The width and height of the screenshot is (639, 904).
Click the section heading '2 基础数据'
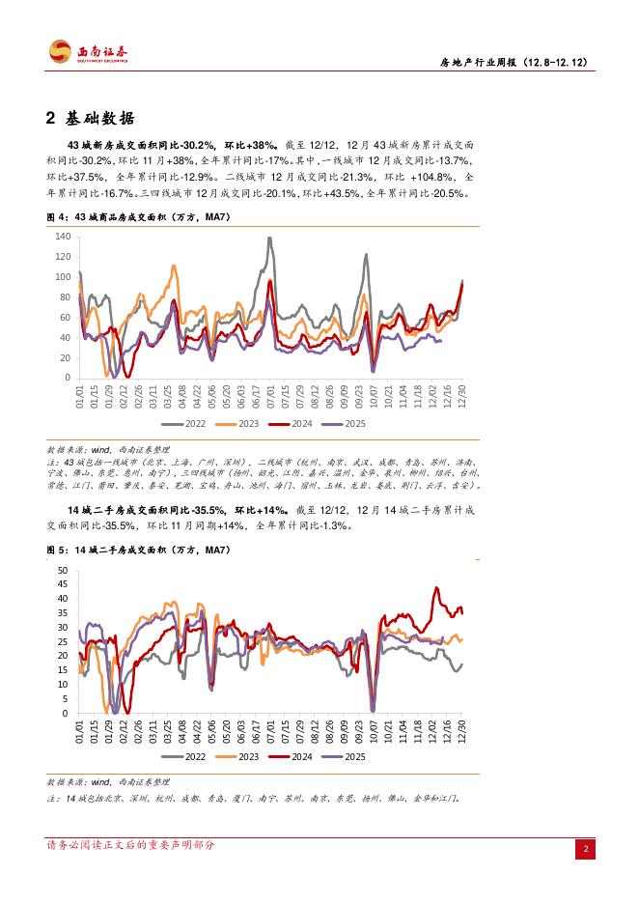click(x=94, y=119)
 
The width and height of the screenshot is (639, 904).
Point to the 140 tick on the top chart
click(x=63, y=237)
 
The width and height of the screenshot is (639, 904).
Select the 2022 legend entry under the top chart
click(x=182, y=423)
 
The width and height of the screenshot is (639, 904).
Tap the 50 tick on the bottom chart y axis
click(x=63, y=571)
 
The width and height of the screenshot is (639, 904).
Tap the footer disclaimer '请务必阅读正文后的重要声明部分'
click(x=130, y=845)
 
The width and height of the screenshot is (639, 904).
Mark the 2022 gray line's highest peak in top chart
click(x=266, y=238)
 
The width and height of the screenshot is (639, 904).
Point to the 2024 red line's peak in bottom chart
click(x=437, y=587)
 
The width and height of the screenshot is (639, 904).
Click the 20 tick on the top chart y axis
click(x=65, y=358)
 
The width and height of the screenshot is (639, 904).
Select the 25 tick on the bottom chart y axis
click(x=63, y=642)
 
